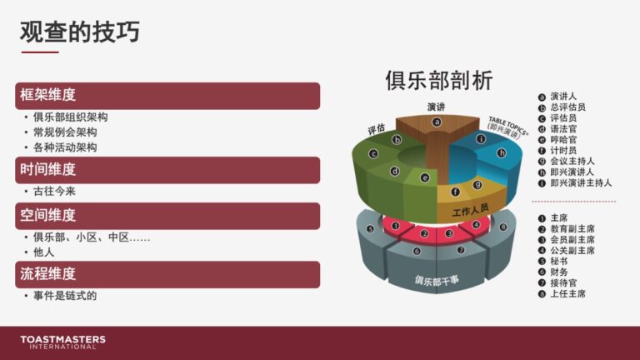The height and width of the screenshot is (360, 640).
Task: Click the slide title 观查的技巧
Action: point(80,32)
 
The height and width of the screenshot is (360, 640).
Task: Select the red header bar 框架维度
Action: point(167,96)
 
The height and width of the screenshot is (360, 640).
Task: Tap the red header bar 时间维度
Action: point(167,170)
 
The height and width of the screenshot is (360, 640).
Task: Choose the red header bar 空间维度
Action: point(167,216)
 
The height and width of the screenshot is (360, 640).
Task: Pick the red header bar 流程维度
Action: point(167,274)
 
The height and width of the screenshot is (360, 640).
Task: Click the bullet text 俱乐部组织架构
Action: point(70,117)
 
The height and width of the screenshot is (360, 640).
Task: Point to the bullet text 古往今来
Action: point(54,192)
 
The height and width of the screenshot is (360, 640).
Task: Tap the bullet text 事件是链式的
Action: point(65,296)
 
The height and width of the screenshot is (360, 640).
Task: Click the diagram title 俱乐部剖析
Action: point(439,80)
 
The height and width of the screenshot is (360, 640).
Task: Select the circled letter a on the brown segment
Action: point(437,122)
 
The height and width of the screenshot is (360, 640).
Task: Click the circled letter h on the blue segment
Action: point(501,153)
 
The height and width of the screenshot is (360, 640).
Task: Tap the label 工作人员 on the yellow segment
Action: point(470,210)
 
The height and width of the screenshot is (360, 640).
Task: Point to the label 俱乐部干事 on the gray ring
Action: point(437,281)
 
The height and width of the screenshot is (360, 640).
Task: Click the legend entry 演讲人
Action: point(563,97)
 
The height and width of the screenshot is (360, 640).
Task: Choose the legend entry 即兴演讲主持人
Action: point(581,183)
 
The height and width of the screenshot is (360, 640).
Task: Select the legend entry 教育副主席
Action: point(572,229)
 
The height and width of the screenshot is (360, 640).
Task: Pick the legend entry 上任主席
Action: point(567,294)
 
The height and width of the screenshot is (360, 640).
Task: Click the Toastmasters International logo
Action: point(62,342)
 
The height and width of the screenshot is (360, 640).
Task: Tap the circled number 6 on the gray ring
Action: point(417,251)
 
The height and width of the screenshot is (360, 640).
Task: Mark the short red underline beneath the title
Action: point(40,52)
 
